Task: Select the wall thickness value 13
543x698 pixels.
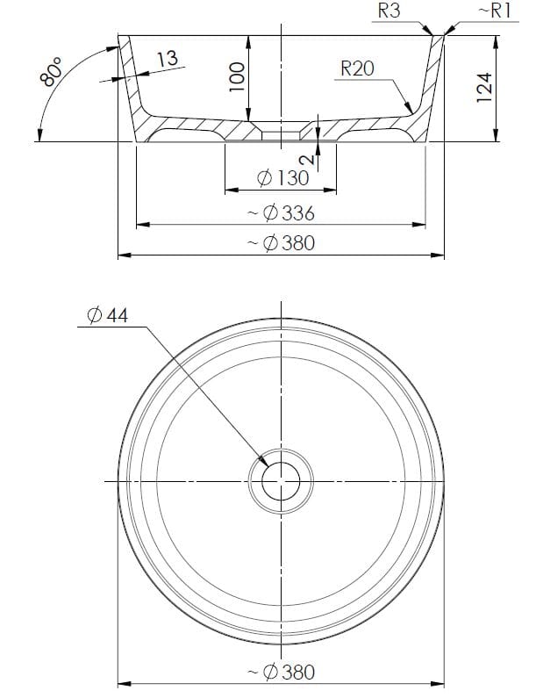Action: click(x=167, y=59)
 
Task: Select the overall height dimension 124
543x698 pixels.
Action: click(x=484, y=88)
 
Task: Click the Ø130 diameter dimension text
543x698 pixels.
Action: click(x=282, y=178)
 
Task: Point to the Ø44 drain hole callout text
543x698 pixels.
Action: click(x=108, y=315)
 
